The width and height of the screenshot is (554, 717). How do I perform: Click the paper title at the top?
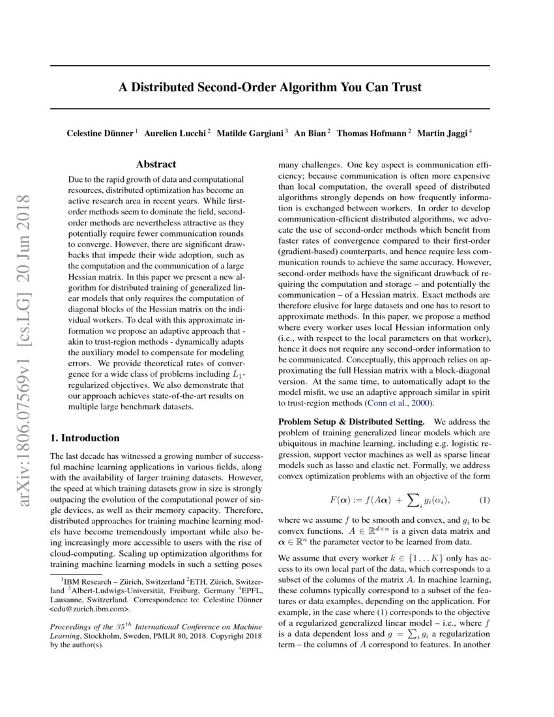(x=269, y=87)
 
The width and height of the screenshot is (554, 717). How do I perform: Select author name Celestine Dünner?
(x=100, y=133)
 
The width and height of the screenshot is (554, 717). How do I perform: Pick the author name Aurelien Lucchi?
(x=175, y=133)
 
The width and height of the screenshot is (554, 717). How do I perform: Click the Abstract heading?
(x=156, y=165)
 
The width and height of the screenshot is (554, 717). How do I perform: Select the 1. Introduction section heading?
(x=85, y=437)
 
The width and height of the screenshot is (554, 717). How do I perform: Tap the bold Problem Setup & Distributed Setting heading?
(x=352, y=422)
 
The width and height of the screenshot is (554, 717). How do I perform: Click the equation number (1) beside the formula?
(x=484, y=500)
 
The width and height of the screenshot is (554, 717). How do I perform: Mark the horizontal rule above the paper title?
(x=269, y=66)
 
